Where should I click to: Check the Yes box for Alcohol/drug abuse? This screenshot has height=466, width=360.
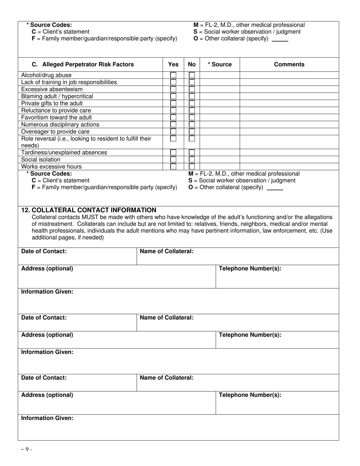pos(173,75)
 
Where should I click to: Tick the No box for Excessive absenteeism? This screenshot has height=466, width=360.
pos(192,89)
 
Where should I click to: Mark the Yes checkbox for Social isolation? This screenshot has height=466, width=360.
pos(173,160)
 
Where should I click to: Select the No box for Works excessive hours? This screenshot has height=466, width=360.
pos(192,166)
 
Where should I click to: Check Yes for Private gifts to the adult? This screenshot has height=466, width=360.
pos(173,103)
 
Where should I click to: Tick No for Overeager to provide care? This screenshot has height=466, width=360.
pos(192,131)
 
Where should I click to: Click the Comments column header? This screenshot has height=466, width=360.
pos(289,64)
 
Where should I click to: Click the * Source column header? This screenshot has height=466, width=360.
pos(219,64)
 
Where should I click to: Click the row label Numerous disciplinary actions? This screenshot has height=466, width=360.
pos(60,124)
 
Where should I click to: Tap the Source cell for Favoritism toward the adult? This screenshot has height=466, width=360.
pos(219,117)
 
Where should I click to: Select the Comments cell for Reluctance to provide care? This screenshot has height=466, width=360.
pos(289,110)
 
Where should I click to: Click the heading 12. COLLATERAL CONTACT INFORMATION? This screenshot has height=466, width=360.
pos(89,210)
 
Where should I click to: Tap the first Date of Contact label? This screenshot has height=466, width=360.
pos(44,251)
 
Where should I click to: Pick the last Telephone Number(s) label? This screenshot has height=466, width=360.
pos(250,395)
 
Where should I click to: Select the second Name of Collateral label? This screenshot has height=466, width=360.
pos(166,317)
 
